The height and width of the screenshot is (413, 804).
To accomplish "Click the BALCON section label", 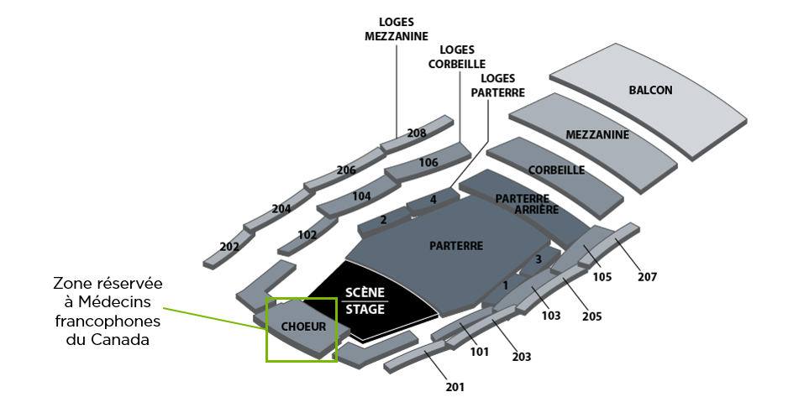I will (x=650, y=90).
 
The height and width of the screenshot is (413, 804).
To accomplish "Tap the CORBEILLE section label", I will (x=556, y=170).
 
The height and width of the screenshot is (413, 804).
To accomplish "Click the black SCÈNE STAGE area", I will (x=365, y=301).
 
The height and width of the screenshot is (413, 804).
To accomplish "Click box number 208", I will (x=417, y=133).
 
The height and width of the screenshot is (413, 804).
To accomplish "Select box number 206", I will (x=346, y=170).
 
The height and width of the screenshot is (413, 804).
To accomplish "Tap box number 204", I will (x=281, y=209).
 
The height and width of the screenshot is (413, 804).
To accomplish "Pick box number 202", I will (x=229, y=247).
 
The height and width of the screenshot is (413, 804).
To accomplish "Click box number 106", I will (x=428, y=162).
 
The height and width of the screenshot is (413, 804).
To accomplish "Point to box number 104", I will (x=361, y=196).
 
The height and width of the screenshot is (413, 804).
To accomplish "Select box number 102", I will (x=307, y=235).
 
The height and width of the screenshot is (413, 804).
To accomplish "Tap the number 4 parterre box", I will (x=434, y=200).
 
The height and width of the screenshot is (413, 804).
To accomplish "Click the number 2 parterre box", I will (x=383, y=220).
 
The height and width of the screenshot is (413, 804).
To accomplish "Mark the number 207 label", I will (x=647, y=276).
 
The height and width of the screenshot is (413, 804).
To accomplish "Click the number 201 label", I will (x=455, y=387).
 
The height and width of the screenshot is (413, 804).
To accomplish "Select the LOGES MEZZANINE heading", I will (x=397, y=29).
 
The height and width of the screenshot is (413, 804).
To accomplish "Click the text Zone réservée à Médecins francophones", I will (x=107, y=311).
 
